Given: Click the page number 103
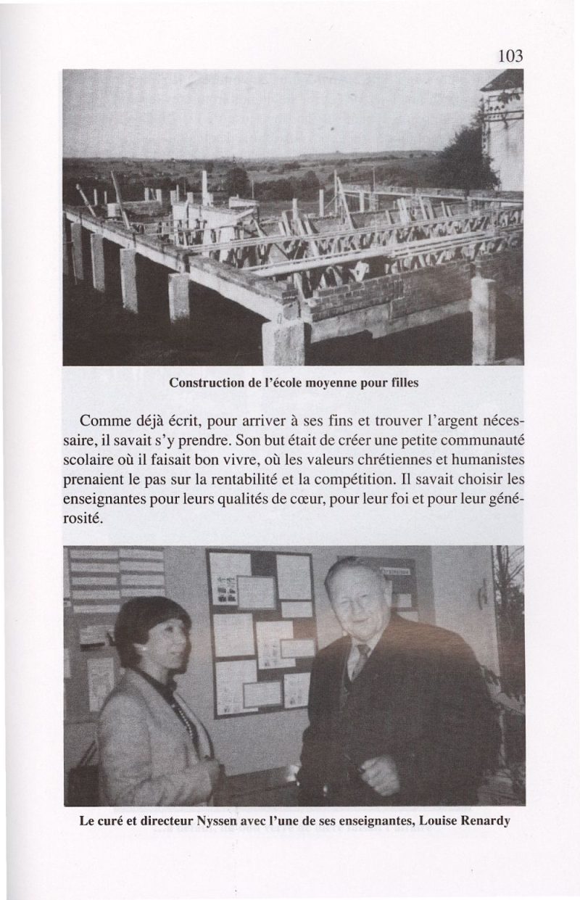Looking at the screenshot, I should [510, 55].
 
